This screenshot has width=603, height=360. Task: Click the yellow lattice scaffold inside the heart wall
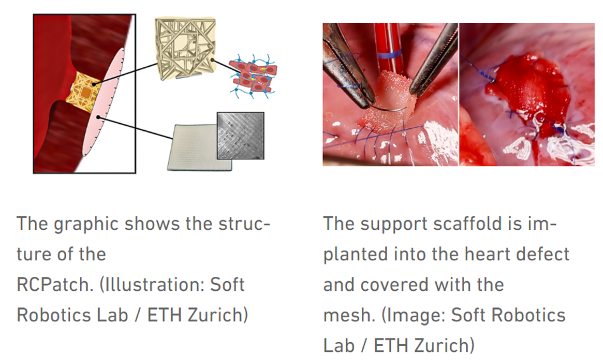coord(83,92)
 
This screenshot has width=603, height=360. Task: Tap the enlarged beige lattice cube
coord(185,48)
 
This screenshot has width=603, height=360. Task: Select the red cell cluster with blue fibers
coord(253,77)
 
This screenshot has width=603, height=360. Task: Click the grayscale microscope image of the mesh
coord(241,136)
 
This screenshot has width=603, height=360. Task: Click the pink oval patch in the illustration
coord(103,102)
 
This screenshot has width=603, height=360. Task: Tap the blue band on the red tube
coord(390,54)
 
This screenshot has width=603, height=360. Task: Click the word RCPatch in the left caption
coord(55,284)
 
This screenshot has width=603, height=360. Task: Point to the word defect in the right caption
coord(543,254)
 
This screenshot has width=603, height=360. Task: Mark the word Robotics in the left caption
coord(72,315)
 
